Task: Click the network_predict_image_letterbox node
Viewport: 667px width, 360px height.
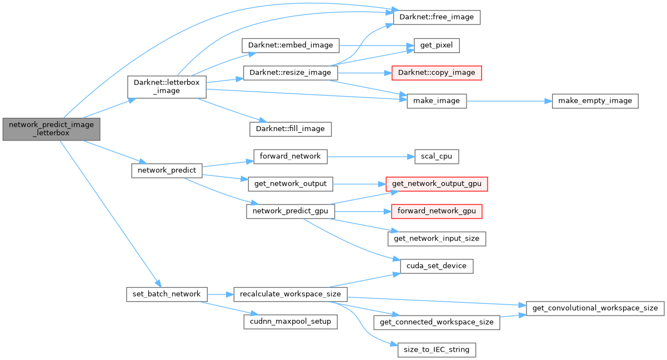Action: click(x=52, y=129)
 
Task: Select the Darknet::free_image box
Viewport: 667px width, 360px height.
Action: click(x=436, y=17)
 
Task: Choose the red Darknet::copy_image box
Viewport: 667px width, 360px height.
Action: click(x=436, y=73)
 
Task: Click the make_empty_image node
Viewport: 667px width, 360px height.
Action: click(x=595, y=101)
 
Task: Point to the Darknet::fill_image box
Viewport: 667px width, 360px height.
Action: click(x=290, y=129)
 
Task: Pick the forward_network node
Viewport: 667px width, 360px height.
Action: click(x=290, y=156)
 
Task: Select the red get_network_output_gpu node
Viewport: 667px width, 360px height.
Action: click(x=437, y=184)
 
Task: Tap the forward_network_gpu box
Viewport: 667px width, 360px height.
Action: click(x=437, y=212)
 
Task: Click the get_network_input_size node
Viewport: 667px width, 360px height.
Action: click(x=437, y=239)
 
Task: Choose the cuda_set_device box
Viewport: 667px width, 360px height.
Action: click(x=437, y=266)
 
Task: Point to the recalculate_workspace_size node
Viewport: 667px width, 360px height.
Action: click(x=290, y=294)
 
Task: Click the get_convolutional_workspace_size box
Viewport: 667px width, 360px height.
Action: click(x=595, y=308)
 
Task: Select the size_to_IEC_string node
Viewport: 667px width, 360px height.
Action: click(x=437, y=349)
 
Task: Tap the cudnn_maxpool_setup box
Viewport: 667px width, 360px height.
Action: click(x=290, y=321)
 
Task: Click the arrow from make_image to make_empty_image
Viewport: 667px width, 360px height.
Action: click(x=508, y=101)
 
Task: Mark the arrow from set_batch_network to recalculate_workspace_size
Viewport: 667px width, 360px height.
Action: click(x=220, y=294)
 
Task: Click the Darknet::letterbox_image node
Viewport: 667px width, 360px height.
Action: click(x=167, y=87)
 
